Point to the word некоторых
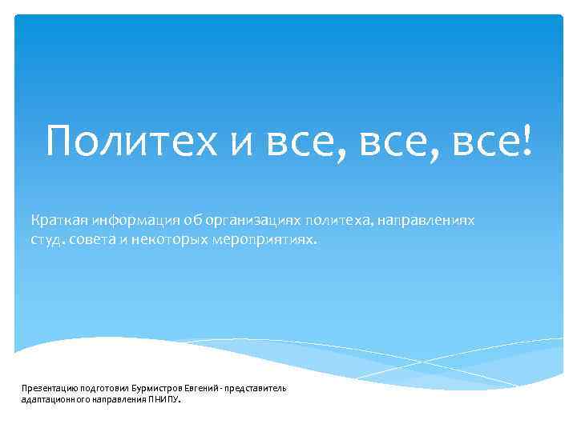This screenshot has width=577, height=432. coord(170,238)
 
